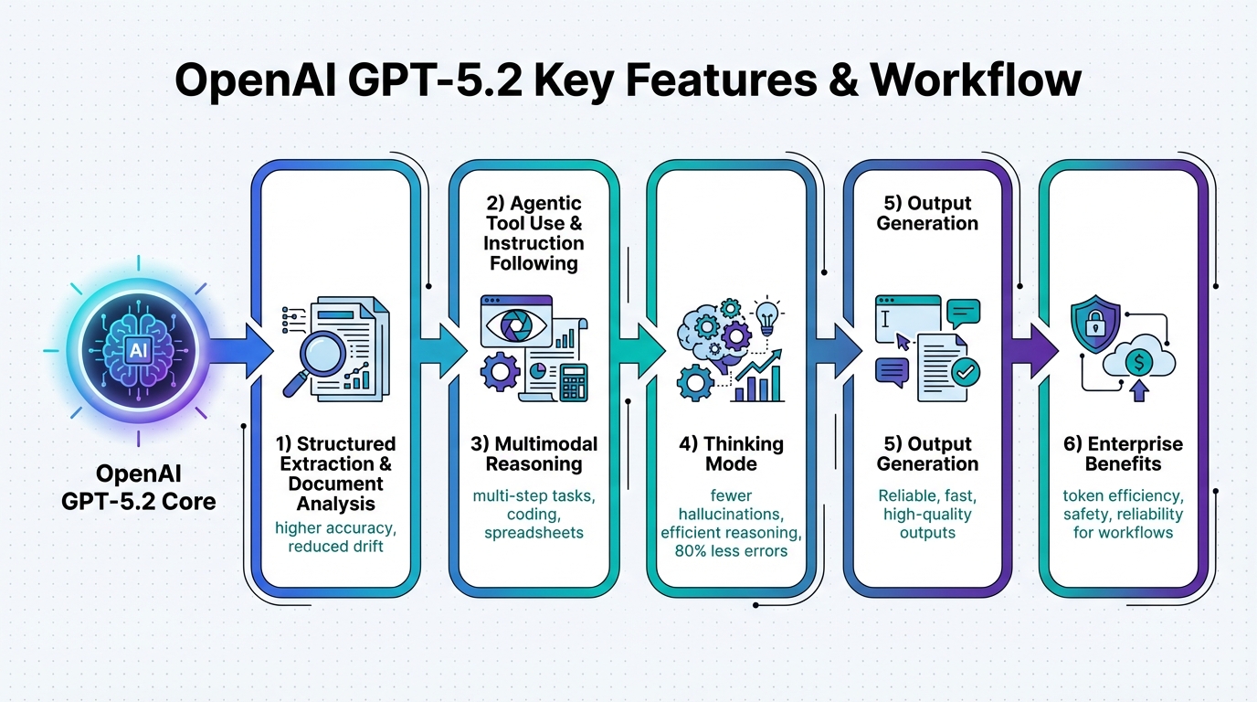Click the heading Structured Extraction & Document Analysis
tap(335, 473)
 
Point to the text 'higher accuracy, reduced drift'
tap(335, 537)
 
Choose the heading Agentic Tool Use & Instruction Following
tap(534, 233)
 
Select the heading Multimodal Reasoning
tap(534, 454)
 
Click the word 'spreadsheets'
tap(534, 531)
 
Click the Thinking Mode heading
tap(731, 454)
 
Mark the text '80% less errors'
tap(731, 550)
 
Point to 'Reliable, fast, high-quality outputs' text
tap(927, 514)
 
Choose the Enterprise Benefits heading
tap(1123, 454)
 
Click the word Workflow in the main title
tap(976, 81)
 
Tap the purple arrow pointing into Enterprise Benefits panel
tap(1032, 351)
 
